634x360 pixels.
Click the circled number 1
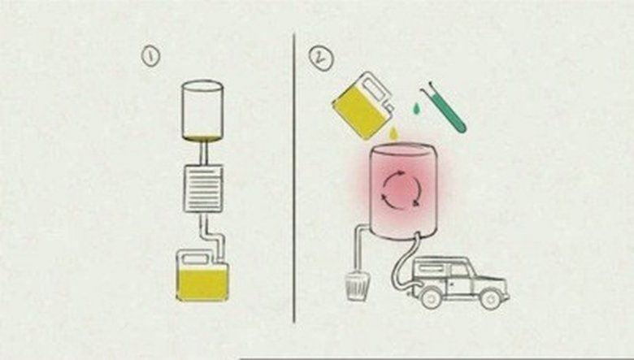[x=150, y=57]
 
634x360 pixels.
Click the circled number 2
[x=321, y=59]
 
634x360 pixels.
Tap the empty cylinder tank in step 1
[x=202, y=111]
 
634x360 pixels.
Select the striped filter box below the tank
[x=203, y=189]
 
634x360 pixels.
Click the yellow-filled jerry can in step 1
[x=202, y=277]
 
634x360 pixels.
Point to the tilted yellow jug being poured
[x=363, y=105]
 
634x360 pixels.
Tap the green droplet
[x=416, y=108]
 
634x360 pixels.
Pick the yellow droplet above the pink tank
[x=393, y=133]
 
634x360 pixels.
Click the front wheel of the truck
[x=430, y=297]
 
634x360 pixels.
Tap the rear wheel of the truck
[x=490, y=299]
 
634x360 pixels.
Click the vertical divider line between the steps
[x=294, y=178]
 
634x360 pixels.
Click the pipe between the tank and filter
[x=204, y=153]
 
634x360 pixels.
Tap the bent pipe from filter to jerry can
[x=212, y=236]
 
